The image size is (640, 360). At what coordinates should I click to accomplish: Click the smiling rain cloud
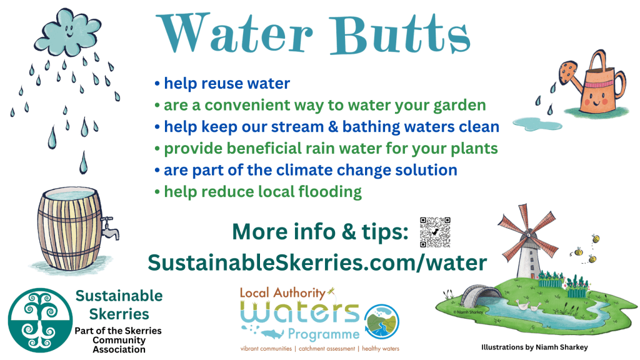tap(67, 32)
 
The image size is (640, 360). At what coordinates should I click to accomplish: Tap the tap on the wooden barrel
tap(110, 227)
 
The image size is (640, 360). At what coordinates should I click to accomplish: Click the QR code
tap(435, 232)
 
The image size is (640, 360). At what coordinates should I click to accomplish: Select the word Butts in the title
tap(400, 34)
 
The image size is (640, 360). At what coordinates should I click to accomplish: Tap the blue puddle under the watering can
tap(537, 124)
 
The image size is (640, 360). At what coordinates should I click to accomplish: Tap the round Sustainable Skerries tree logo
tap(40, 321)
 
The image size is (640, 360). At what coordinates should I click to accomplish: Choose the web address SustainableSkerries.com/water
tap(317, 262)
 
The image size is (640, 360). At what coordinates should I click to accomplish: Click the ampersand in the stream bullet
tap(333, 127)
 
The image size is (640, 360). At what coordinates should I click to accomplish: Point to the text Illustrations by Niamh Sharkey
tap(534, 347)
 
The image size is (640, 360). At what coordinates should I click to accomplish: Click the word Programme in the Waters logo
tap(324, 335)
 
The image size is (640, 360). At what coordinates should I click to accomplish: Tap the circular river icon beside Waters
tap(382, 322)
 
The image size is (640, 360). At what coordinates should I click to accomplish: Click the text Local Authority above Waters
tap(282, 292)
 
